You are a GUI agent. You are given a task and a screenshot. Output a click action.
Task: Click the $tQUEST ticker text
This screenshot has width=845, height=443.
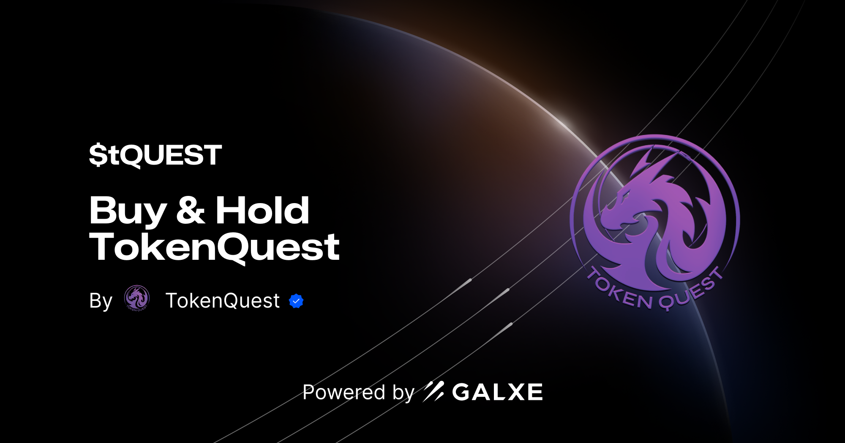point(155,155)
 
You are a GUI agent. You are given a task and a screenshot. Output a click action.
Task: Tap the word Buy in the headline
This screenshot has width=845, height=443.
point(128,211)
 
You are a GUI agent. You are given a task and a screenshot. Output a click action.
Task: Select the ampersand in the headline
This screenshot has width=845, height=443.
point(191,210)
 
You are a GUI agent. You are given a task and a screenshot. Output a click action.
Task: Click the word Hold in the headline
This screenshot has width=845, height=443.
point(262,210)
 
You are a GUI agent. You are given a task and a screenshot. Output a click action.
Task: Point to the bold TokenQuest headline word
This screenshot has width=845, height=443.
point(214,248)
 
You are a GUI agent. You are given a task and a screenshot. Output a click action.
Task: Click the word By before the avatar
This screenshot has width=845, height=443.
point(101,301)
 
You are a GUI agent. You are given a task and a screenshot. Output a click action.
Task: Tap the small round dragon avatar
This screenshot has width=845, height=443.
point(137,298)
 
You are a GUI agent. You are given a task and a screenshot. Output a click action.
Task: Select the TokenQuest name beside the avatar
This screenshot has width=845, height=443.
point(222,301)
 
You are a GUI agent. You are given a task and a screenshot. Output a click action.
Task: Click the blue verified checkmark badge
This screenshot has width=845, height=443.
point(296,301)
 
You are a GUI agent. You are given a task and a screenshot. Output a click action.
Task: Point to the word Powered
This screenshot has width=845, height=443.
point(344,392)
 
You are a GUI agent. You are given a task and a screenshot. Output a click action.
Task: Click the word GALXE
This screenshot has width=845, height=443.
point(497,392)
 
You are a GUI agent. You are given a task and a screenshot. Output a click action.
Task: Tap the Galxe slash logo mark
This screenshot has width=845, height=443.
point(433,391)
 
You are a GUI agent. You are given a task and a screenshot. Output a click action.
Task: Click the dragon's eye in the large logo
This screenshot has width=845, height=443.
point(624,195)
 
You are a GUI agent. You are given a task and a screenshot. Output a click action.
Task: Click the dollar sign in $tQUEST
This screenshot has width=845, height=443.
point(98,155)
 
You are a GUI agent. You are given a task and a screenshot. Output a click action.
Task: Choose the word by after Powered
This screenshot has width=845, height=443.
point(403,393)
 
